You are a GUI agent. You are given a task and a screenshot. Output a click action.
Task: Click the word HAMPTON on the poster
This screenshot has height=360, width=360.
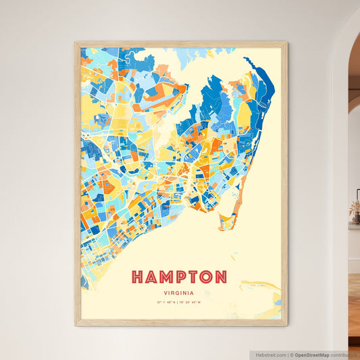point(179,277)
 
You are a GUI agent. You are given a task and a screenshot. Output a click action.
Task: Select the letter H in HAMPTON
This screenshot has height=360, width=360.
point(138,277)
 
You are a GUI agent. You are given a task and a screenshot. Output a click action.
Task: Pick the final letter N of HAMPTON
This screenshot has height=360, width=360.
point(220,277)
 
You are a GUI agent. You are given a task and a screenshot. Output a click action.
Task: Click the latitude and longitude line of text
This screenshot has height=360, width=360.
point(179,301)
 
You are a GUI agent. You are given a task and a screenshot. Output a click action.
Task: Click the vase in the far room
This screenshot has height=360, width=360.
point(355,217)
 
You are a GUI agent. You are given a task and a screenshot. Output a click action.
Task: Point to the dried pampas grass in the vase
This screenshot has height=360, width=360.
point(355,207)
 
